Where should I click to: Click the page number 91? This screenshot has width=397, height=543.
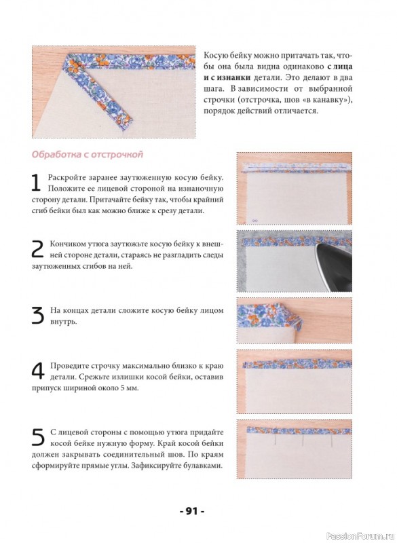tap(192, 511)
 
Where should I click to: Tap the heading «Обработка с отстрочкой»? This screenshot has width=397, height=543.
tap(87, 154)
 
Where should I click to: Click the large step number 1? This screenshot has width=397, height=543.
tap(36, 183)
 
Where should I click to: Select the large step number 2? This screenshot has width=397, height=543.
tap(37, 249)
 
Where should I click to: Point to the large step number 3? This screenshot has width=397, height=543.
tap(38, 316)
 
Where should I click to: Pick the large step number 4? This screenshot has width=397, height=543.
tap(38, 371)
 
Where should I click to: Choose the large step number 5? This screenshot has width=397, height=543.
tap(38, 437)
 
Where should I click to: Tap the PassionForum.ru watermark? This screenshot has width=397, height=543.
tap(360, 536)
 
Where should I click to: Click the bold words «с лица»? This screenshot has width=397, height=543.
tap(339, 66)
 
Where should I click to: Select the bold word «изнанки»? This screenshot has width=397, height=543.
tap(230, 77)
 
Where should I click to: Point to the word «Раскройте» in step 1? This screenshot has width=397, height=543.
tap(66, 178)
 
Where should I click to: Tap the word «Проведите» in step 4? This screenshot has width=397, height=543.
tap(68, 366)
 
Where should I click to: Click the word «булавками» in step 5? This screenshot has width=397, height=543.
tap(204, 466)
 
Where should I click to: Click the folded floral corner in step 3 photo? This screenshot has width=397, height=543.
tap(290, 317)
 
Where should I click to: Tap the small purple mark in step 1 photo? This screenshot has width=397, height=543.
tap(255, 220)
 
